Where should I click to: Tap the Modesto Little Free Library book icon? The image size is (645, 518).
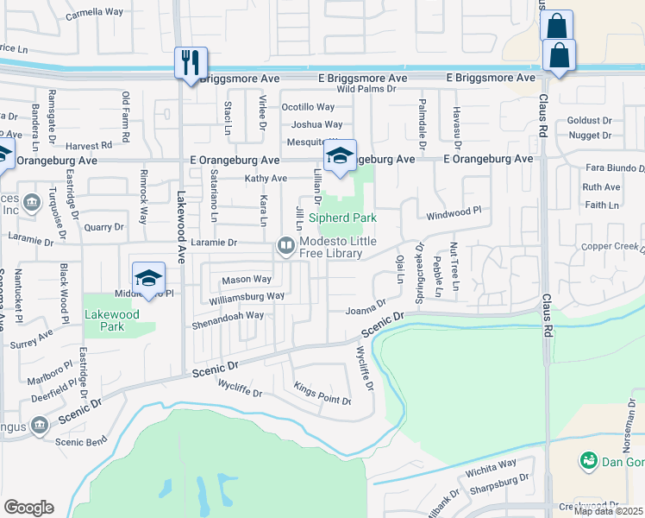coord(285,247)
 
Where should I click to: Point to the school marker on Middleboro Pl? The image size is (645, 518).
coord(148,279)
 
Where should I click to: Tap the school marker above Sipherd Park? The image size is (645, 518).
coord(341,155)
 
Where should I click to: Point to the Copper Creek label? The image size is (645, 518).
coord(613,247)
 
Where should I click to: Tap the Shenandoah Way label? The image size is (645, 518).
coord(229,315)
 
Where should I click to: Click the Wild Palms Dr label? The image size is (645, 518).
coord(366,88)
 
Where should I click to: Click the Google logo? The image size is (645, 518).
coord(28,508)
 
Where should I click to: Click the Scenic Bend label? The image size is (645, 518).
coord(81,441)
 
